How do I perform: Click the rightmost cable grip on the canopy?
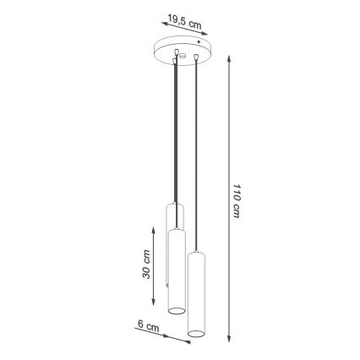[x=196, y=57]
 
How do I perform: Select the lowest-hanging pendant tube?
[x=197, y=296]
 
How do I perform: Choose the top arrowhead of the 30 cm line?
[x=154, y=227]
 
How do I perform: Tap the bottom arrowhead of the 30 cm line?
[x=154, y=305]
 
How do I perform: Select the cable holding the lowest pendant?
[x=196, y=152]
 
